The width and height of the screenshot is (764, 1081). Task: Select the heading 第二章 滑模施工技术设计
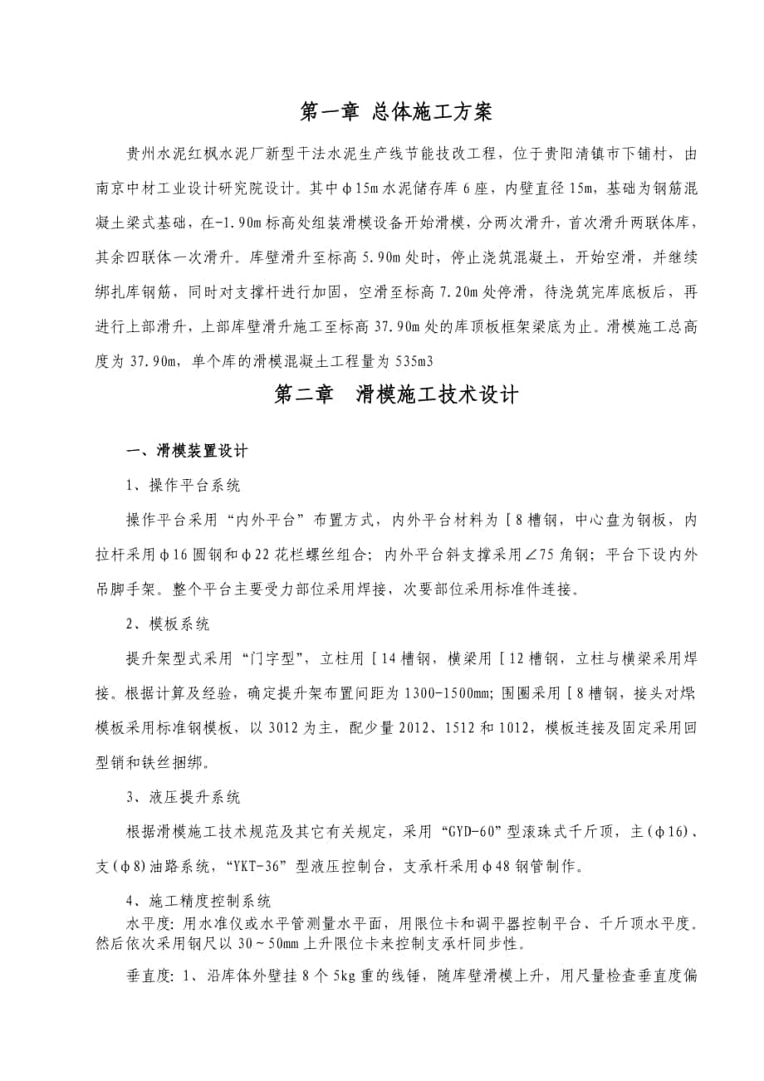click(x=396, y=395)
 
